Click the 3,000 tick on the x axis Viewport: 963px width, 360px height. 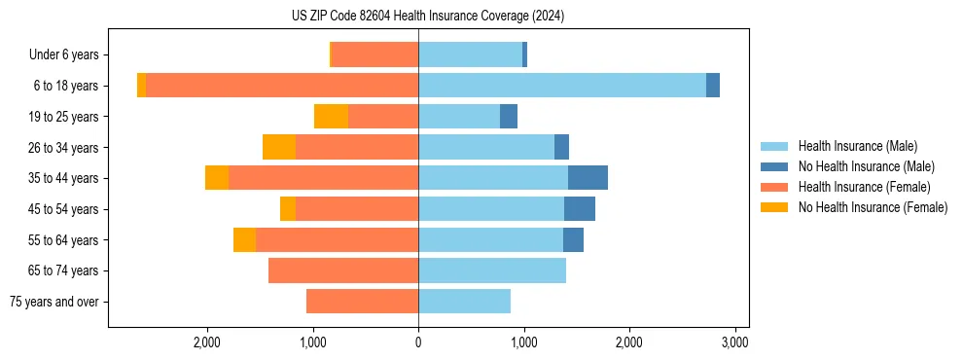point(734,342)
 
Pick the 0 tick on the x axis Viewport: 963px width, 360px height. point(418,342)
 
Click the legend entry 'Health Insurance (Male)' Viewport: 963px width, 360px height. point(856,146)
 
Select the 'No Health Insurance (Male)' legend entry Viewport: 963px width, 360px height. point(866,166)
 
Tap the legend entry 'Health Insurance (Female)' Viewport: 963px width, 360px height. point(864,187)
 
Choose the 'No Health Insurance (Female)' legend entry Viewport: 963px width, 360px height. point(873,207)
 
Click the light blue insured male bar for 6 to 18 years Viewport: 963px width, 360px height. point(562,86)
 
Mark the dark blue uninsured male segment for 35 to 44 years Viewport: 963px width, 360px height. point(588,178)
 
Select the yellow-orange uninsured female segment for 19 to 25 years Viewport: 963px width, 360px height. point(331,117)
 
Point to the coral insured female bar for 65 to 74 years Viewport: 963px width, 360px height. point(343,270)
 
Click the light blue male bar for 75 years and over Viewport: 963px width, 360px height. point(464,302)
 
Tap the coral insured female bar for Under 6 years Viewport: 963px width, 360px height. point(375,55)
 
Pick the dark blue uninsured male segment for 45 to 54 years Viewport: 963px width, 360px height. point(580,209)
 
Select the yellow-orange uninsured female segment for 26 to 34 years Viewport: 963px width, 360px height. point(279,147)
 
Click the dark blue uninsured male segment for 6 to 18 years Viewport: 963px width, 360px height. point(713,86)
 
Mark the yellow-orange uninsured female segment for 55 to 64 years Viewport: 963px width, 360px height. point(244,240)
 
